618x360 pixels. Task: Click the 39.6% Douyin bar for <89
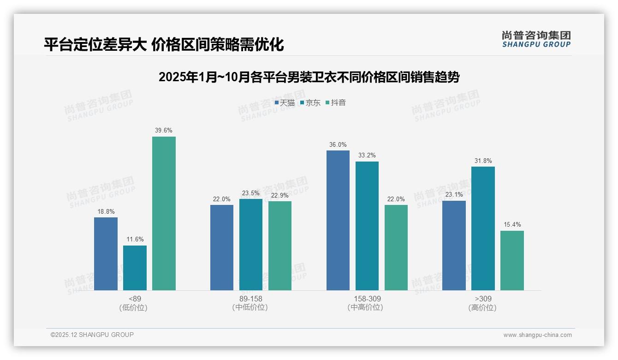[x=164, y=213]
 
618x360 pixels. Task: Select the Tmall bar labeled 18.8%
[x=106, y=254]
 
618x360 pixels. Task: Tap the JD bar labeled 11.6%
[x=135, y=268]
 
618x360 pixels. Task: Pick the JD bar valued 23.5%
[x=250, y=245]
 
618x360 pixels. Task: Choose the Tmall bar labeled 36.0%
[x=338, y=220]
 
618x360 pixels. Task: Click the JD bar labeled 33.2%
[x=367, y=226]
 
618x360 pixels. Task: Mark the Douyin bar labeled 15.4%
[x=512, y=260]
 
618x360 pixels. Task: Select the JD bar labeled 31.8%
[x=483, y=228]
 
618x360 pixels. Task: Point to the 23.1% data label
[x=454, y=195]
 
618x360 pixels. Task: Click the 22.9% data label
[x=279, y=195]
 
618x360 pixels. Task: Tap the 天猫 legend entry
[x=285, y=103]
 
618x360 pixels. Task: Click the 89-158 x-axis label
[x=250, y=299]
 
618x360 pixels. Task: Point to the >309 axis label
[x=483, y=299]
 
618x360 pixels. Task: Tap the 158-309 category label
[x=367, y=299]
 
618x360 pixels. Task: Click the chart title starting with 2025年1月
[x=309, y=77]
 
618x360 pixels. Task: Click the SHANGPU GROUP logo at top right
[x=536, y=39]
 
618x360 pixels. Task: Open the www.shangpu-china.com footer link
[x=537, y=335]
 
